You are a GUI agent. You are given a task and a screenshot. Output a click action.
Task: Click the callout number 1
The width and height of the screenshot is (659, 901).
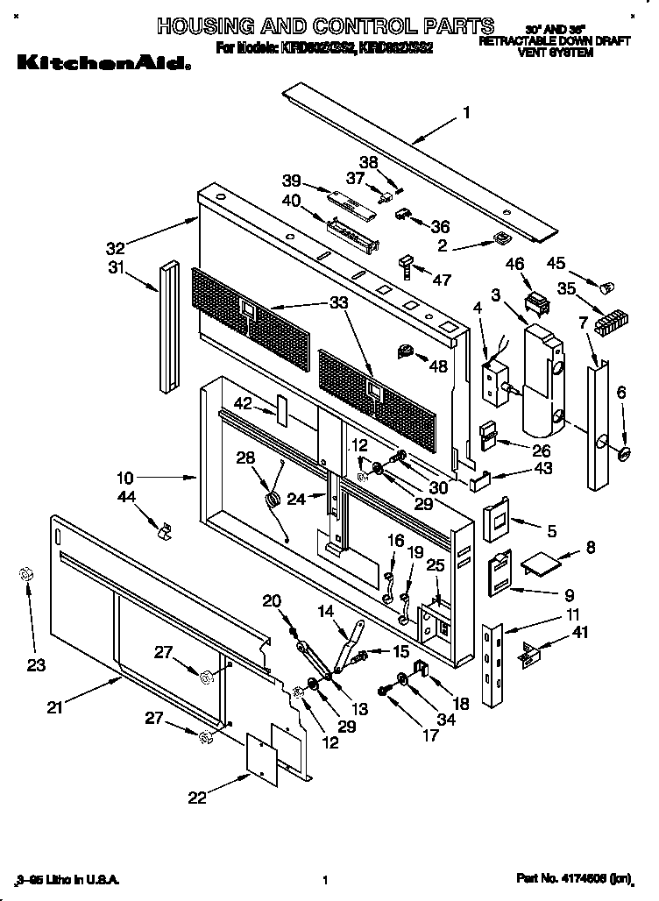tap(467, 112)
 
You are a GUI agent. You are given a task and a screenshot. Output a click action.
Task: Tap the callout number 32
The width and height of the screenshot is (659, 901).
tap(116, 248)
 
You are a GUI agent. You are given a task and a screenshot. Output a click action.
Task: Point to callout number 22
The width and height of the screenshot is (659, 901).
tap(197, 797)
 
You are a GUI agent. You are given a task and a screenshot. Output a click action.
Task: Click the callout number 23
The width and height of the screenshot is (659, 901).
tap(35, 665)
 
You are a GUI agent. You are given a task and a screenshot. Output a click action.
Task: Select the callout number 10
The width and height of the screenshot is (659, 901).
tap(126, 479)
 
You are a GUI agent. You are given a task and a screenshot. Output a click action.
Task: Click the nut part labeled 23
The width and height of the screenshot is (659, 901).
tap(25, 574)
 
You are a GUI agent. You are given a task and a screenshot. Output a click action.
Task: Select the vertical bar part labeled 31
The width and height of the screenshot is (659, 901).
tap(168, 326)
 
